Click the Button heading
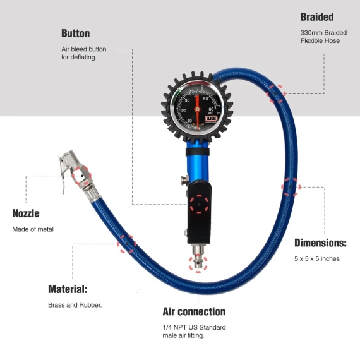[x=76, y=33]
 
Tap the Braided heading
[x=317, y=17]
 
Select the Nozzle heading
[x=26, y=213]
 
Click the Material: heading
[x=68, y=289]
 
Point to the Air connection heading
[x=194, y=311]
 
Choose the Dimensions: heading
[x=320, y=243]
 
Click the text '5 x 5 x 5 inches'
[x=317, y=258]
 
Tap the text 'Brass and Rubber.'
[x=75, y=305]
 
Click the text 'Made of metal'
[x=33, y=229]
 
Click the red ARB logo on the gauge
[x=211, y=119]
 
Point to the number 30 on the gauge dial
[x=188, y=100]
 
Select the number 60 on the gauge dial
[x=211, y=109]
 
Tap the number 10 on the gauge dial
[x=189, y=121]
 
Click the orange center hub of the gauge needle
[x=197, y=109]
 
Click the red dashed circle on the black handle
[x=199, y=204]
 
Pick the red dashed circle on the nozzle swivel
[x=81, y=176]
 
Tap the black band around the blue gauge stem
[x=198, y=152]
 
